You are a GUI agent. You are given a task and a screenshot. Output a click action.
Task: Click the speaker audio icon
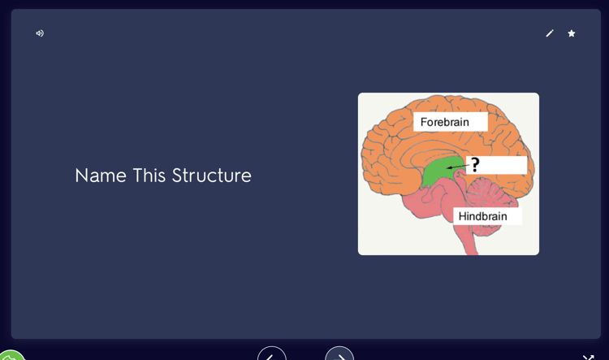pyautogui.click(x=40, y=33)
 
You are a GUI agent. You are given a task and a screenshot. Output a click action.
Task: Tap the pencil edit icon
pyautogui.click(x=550, y=33)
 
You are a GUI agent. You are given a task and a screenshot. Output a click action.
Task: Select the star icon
pyautogui.click(x=572, y=33)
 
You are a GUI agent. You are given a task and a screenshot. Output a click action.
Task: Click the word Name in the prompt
pyautogui.click(x=101, y=176)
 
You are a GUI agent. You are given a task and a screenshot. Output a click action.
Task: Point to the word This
pyautogui.click(x=149, y=176)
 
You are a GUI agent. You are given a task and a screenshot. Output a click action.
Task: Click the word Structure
pyautogui.click(x=212, y=176)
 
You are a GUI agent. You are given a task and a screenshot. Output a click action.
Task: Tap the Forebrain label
pyautogui.click(x=445, y=122)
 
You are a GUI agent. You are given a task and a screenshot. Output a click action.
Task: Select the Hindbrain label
pyautogui.click(x=483, y=216)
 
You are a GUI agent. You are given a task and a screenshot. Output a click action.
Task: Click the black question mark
pyautogui.click(x=475, y=164)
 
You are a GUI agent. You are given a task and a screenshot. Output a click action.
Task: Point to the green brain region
pyautogui.click(x=438, y=171)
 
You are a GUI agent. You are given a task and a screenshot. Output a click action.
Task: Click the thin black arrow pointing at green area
pyautogui.click(x=458, y=167)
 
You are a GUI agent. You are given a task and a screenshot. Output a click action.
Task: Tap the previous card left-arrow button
pyautogui.click(x=272, y=353)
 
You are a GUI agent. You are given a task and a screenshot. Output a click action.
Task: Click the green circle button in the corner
pyautogui.click(x=11, y=355)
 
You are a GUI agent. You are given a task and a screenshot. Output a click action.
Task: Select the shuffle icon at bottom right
pyautogui.click(x=589, y=358)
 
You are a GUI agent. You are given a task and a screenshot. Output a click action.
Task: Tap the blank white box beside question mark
pyautogui.click(x=501, y=165)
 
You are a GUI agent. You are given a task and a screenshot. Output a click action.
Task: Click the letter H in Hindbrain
pyautogui.click(x=462, y=216)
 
